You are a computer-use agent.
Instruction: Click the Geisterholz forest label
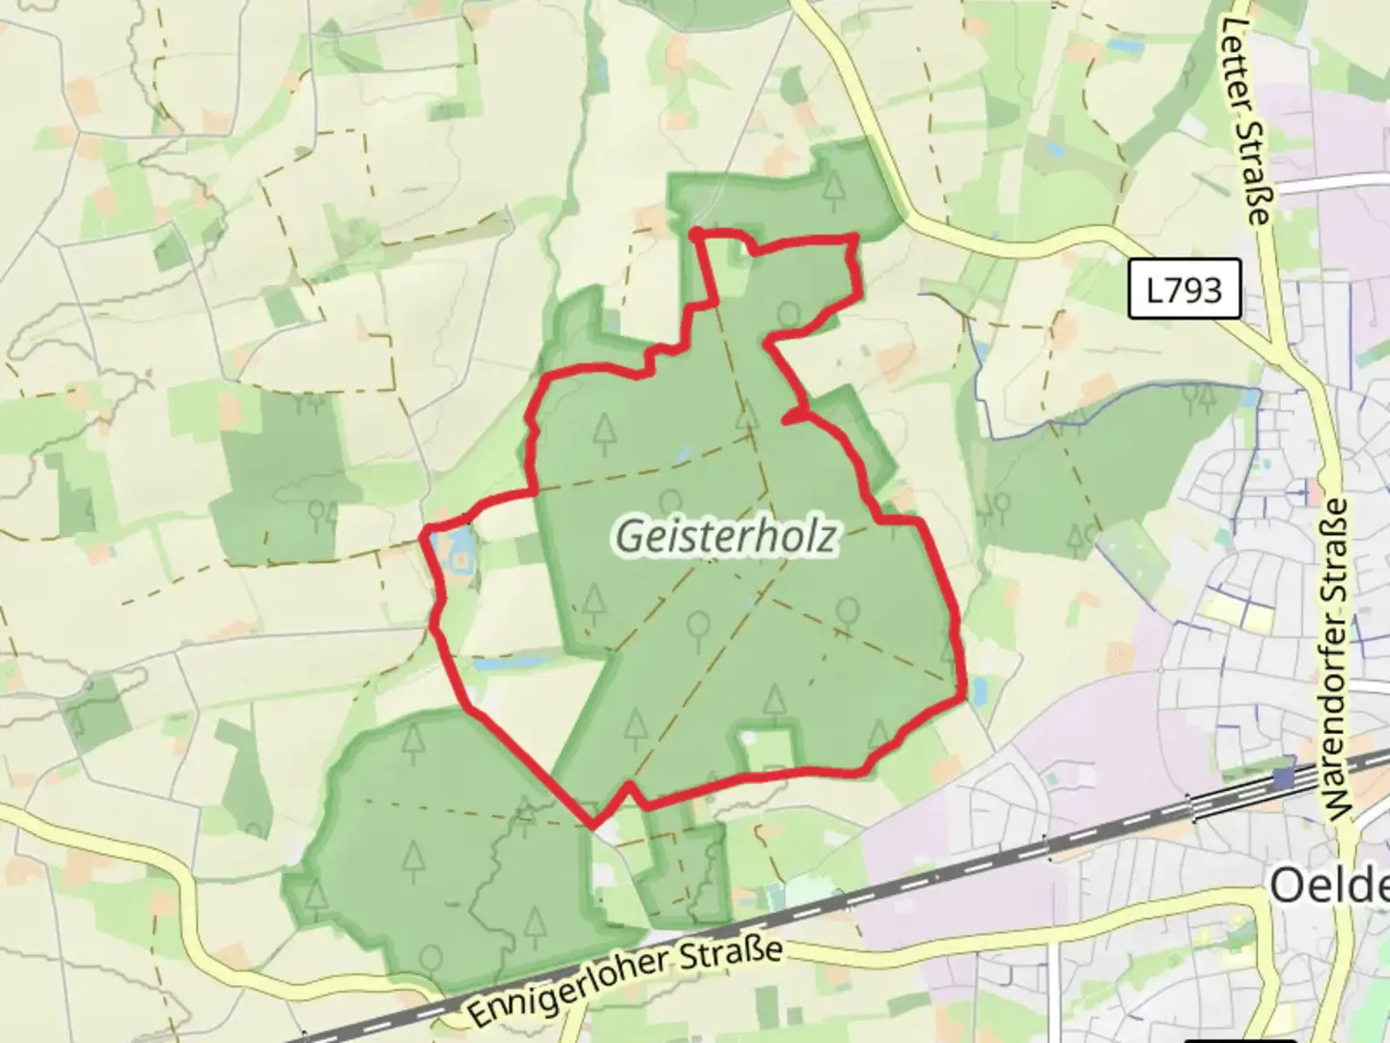725,537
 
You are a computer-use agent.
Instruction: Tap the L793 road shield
1184,289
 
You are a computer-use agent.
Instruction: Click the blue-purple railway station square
1283,777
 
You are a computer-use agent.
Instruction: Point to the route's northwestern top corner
695,232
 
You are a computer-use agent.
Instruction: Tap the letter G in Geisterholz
627,538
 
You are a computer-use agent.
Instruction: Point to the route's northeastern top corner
853,237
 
